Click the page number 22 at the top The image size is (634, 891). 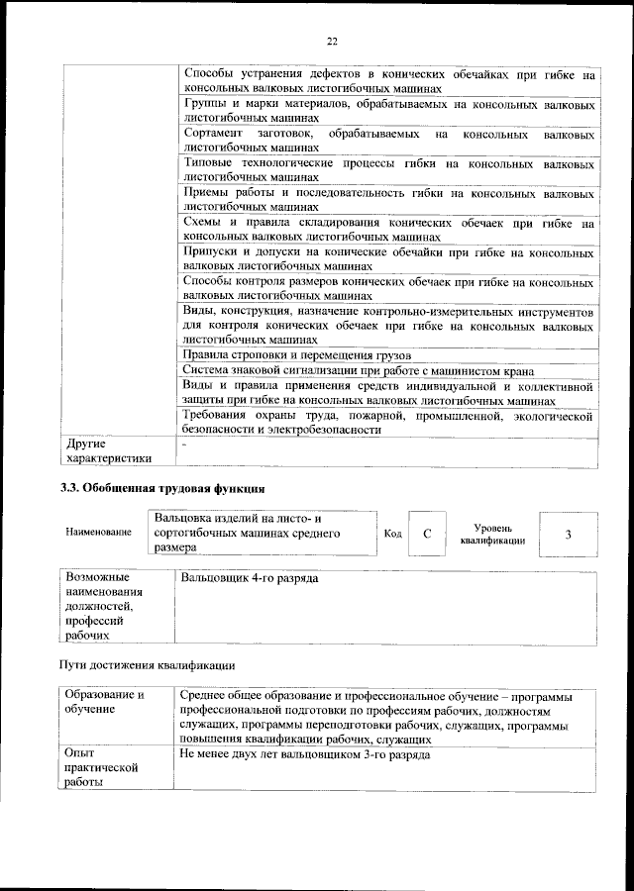pyautogui.click(x=332, y=41)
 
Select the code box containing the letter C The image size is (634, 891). pyautogui.click(x=426, y=535)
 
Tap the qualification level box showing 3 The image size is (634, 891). pyautogui.click(x=568, y=535)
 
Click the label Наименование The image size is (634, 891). pyautogui.click(x=98, y=533)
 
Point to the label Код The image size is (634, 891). pyautogui.click(x=392, y=535)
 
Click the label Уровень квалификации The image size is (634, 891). pyautogui.click(x=491, y=536)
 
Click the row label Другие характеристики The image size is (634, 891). pyautogui.click(x=108, y=450)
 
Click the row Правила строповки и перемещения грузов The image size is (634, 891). pyautogui.click(x=297, y=355)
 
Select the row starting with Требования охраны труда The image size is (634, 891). pyautogui.click(x=388, y=423)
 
